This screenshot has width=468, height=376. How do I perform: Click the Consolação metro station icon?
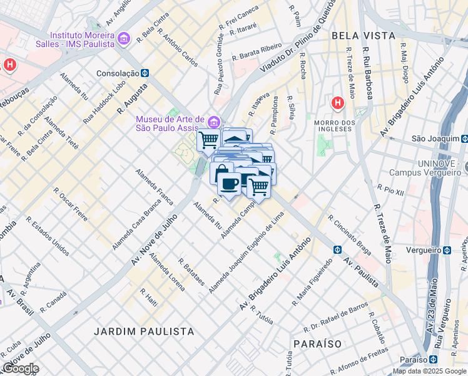(x=145, y=73)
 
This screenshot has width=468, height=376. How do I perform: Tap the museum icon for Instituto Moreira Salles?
(x=123, y=39)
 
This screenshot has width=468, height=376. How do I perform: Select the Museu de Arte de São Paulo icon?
(x=214, y=120)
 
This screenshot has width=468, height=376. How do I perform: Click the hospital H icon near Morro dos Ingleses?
(x=338, y=102)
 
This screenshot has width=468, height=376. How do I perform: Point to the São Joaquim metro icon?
(x=464, y=138)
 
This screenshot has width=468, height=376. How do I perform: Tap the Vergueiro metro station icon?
(x=447, y=250)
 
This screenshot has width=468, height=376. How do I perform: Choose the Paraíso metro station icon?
(x=433, y=360)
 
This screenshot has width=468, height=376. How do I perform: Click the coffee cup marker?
(x=230, y=184)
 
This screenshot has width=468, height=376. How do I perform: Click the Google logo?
(x=20, y=368)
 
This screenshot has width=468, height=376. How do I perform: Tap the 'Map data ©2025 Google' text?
(x=429, y=371)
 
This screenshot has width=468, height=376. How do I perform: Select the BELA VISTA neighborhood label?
(x=364, y=36)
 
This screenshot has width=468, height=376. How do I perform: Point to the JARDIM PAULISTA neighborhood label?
(x=144, y=330)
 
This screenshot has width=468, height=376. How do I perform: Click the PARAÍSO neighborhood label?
(x=317, y=344)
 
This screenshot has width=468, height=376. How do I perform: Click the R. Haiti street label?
(x=150, y=296)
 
